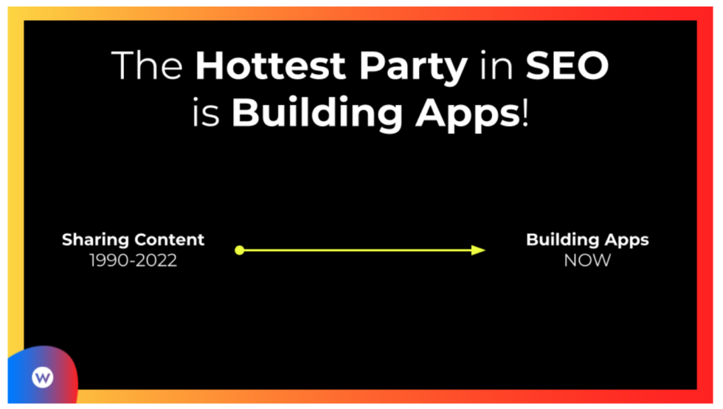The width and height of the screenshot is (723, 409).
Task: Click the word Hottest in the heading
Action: click(270, 66)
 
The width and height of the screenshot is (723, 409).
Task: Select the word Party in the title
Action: click(414, 69)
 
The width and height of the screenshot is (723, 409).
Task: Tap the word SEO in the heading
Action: click(567, 66)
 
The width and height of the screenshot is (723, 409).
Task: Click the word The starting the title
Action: click(147, 66)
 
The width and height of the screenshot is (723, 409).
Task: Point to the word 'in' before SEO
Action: click(497, 66)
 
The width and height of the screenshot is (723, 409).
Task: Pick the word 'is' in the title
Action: click(206, 112)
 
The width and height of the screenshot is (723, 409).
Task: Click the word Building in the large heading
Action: click(316, 114)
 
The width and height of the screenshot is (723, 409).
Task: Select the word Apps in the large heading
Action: click(468, 114)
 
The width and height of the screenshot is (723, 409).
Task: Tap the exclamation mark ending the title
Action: click(525, 112)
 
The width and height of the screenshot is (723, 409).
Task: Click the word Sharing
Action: click(95, 240)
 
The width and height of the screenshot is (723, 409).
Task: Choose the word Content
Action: click(169, 240)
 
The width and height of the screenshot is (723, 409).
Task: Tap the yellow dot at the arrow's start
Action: click(239, 250)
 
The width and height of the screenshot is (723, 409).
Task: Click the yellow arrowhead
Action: click(478, 250)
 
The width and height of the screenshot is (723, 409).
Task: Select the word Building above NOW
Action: click(562, 240)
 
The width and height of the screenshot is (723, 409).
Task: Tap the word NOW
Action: click(587, 261)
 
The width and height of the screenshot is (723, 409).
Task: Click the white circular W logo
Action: click(43, 377)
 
